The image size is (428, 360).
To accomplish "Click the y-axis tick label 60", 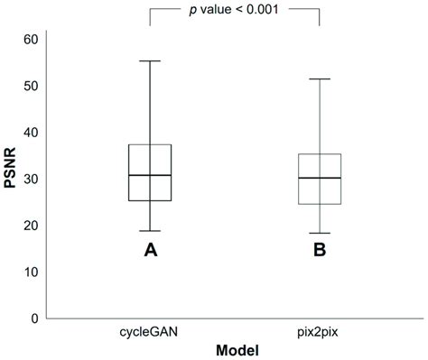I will click(x=31, y=39).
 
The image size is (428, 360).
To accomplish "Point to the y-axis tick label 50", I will click(x=31, y=86).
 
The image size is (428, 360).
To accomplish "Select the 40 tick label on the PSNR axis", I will click(x=31, y=133).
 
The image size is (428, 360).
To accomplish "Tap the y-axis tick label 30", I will click(x=31, y=179).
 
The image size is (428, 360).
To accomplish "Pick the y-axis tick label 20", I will click(x=31, y=226).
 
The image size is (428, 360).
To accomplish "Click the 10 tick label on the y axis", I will click(x=31, y=272).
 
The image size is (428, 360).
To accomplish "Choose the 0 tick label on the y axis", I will click(x=34, y=318).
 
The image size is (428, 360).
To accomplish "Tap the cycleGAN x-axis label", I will click(x=149, y=333).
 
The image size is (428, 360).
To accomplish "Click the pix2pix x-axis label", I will click(x=319, y=333).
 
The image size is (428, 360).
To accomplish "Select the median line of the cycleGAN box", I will click(x=150, y=175).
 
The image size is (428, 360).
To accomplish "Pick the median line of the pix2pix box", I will click(x=320, y=178).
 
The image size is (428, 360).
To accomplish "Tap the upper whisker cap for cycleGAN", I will click(x=150, y=61).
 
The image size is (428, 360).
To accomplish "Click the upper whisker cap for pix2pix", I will click(x=320, y=79).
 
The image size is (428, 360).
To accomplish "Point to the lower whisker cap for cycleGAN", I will click(x=150, y=231).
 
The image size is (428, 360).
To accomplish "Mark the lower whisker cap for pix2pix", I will click(x=320, y=234).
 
